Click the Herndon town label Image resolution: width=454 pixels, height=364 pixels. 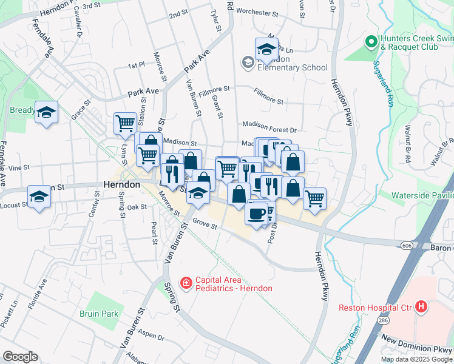(x=122, y=185)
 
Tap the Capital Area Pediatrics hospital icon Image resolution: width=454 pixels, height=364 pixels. (x=186, y=283)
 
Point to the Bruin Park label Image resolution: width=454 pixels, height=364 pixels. (x=98, y=314)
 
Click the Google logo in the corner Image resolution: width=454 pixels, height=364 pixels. (x=20, y=357)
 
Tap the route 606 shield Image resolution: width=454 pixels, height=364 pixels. (x=407, y=244)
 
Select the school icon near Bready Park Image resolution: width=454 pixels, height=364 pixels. (x=46, y=112)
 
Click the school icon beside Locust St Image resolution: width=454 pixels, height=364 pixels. (x=39, y=196)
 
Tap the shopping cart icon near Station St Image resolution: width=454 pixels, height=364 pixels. (x=125, y=123)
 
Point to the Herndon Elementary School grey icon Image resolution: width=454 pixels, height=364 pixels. (x=248, y=62)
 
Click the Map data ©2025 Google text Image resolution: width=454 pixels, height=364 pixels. (x=416, y=359)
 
